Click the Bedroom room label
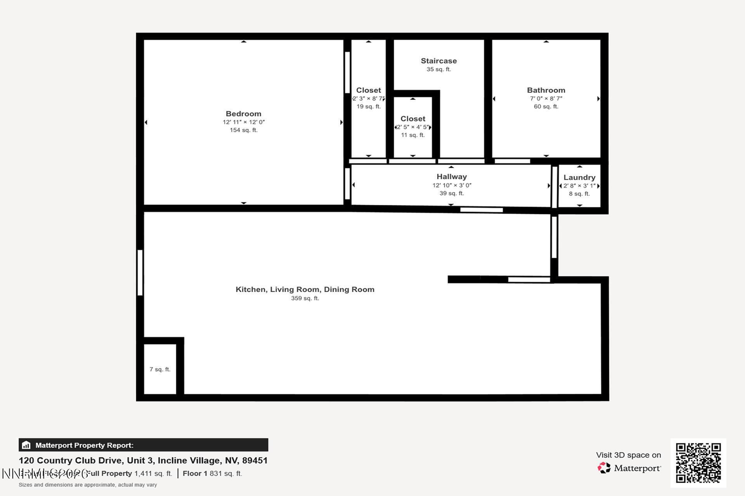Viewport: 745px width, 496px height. click(x=243, y=114)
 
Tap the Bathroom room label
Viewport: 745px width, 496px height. click(x=546, y=90)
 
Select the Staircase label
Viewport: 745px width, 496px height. click(x=438, y=61)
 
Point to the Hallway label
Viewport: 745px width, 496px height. click(x=451, y=177)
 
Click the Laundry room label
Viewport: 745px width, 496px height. click(x=579, y=177)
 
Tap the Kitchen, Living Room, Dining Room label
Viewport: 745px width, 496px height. click(x=305, y=289)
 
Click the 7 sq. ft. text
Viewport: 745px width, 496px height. click(x=160, y=369)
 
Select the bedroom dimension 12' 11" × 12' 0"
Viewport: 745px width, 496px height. click(x=243, y=122)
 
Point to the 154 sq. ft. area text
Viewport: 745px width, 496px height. click(x=243, y=130)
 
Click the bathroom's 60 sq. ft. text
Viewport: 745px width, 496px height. click(x=546, y=107)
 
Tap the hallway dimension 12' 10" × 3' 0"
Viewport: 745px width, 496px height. click(x=452, y=185)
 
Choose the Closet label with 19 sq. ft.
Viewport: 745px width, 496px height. click(x=368, y=90)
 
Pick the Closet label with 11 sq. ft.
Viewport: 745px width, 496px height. click(x=413, y=119)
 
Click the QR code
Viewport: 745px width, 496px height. click(x=698, y=463)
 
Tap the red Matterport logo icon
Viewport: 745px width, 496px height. click(x=604, y=468)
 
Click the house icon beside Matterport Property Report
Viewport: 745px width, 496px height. click(x=26, y=445)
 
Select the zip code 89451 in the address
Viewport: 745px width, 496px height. click(x=255, y=460)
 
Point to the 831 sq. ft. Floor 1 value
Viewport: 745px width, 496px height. click(x=225, y=474)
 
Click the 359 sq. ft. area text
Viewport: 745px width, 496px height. click(x=305, y=298)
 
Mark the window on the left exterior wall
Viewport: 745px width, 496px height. click(x=140, y=272)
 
